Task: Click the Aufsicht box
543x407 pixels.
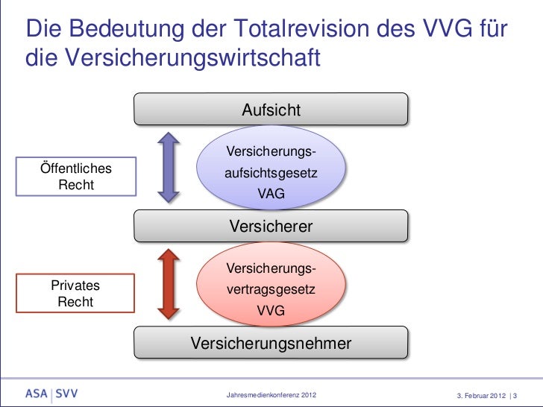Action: click(x=271, y=110)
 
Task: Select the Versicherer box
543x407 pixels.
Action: click(x=271, y=226)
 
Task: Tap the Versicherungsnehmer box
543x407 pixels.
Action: click(x=271, y=343)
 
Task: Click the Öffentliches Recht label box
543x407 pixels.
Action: click(x=75, y=177)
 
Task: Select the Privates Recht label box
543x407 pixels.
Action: click(x=75, y=294)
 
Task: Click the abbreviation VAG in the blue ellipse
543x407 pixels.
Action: click(x=271, y=195)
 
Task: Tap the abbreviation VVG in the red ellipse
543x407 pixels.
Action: click(x=271, y=311)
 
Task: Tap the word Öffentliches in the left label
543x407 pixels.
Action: click(x=75, y=168)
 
